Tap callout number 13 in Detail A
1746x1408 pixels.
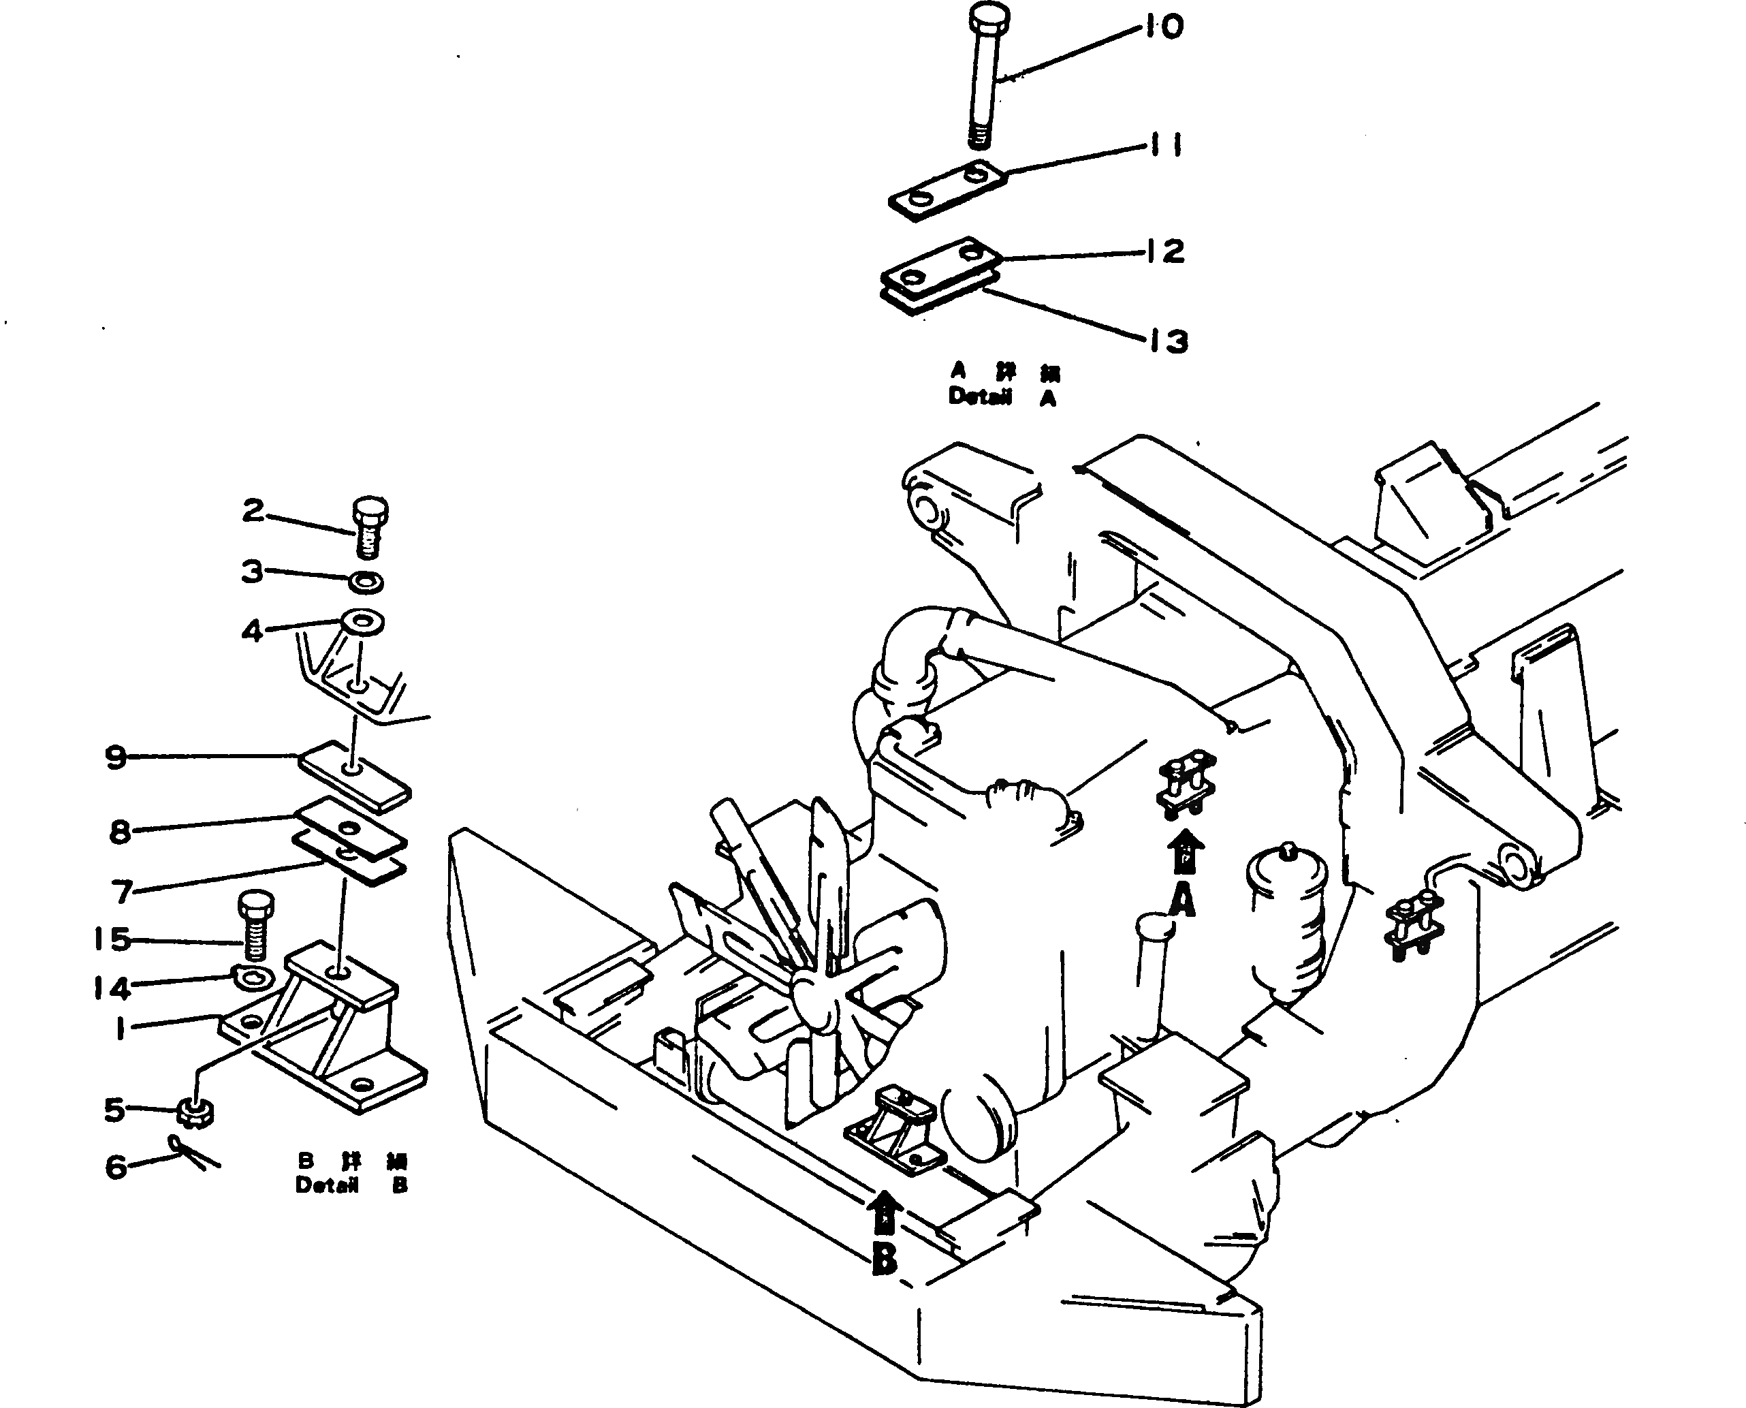pos(1168,342)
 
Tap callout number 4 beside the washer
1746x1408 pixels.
pos(252,630)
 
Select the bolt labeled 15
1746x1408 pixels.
pos(255,924)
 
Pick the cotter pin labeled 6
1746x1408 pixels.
pos(195,1154)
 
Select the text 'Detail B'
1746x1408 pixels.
pos(351,1185)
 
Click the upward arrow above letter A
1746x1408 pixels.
pos(1184,854)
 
